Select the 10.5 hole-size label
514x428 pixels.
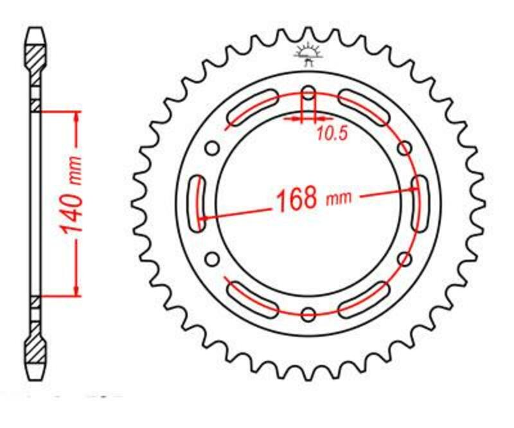coord(332,134)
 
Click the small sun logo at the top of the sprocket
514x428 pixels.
coord(307,54)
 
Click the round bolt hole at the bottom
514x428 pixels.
coord(308,314)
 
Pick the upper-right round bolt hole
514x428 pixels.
coord(405,148)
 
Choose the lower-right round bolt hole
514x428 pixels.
coord(405,259)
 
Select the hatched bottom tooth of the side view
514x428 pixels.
coord(36,352)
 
